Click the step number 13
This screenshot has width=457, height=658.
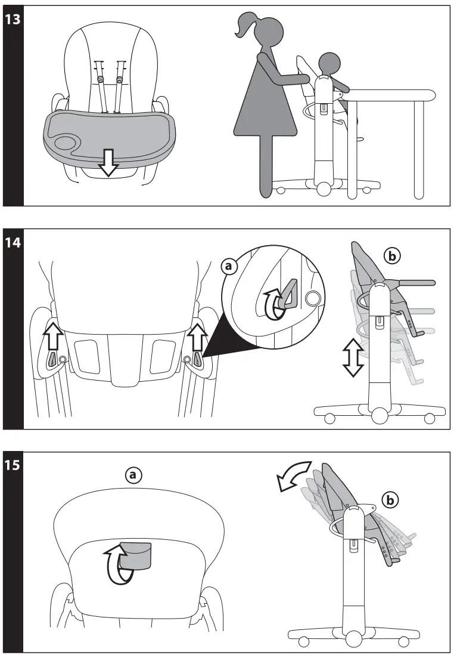pyautogui.click(x=13, y=19)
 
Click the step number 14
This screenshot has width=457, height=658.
pyautogui.click(x=13, y=243)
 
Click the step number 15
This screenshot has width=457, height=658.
pyautogui.click(x=13, y=465)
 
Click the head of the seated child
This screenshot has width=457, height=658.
pyautogui.click(x=327, y=62)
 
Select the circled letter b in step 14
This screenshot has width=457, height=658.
pyautogui.click(x=392, y=256)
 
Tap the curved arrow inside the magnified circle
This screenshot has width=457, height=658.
pyautogui.click(x=273, y=304)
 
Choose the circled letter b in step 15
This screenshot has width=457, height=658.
pyautogui.click(x=390, y=500)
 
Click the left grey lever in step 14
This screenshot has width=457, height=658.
pyautogui.click(x=52, y=359)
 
